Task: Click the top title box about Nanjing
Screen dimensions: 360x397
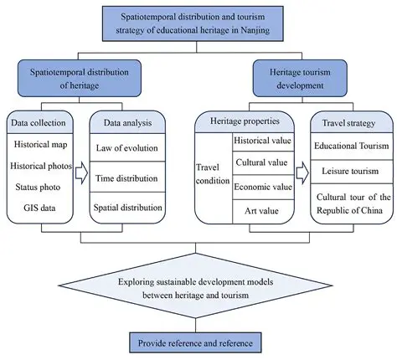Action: [198, 23]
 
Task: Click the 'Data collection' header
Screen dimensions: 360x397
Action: [37, 123]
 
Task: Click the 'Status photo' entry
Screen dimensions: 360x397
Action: [37, 186]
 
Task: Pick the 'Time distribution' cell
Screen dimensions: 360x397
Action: [125, 178]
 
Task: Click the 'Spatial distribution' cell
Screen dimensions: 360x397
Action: [125, 206]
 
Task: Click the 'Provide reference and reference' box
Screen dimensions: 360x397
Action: [198, 342]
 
